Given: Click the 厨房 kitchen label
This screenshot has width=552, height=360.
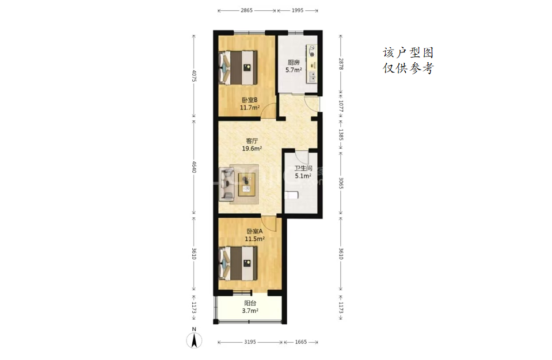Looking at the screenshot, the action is (294, 62).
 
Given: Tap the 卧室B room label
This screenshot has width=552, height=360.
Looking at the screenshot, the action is (250, 100).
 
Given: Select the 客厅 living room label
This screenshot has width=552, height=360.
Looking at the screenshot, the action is (252, 141).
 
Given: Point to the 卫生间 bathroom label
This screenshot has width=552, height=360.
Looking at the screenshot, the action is (303, 168).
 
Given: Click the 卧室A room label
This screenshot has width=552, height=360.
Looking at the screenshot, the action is (254, 232).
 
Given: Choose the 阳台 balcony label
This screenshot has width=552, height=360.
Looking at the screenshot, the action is (250, 303).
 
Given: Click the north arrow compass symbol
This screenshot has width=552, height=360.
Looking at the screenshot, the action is (194, 338).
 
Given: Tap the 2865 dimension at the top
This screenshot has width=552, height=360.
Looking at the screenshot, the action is (246, 10).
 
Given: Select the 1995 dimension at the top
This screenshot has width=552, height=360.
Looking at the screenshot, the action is (298, 10).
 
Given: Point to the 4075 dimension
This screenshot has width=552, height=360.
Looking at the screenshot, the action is (194, 75).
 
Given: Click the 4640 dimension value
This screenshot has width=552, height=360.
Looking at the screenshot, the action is (194, 166).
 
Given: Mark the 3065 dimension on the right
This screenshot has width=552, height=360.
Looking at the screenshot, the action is (341, 183).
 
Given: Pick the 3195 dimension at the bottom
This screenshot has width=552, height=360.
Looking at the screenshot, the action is (250, 342).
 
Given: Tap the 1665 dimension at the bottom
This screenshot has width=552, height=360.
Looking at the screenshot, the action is (301, 342).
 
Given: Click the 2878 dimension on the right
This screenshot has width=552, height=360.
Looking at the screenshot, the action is (341, 64).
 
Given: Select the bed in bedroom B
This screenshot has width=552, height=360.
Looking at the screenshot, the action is (238, 67).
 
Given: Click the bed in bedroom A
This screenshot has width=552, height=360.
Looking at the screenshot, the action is (238, 263).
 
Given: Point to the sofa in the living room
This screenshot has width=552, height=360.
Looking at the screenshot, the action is (226, 184).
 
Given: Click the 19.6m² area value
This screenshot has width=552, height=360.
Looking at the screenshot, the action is (252, 149).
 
